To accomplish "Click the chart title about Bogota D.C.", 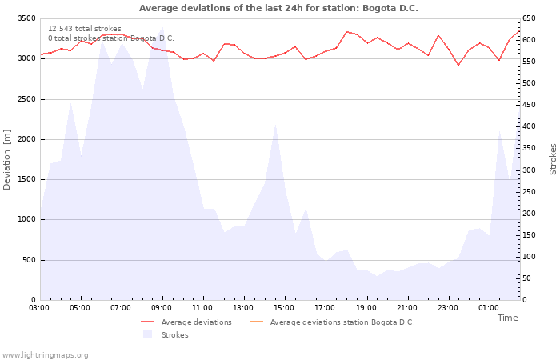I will (278, 8).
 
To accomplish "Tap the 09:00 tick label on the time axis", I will (162, 307).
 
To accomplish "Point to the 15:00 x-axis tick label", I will (284, 307).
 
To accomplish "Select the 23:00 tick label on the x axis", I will (447, 307).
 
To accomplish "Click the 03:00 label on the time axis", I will (39, 307).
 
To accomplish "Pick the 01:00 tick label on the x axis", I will (488, 307).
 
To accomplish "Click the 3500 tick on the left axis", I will (26, 18).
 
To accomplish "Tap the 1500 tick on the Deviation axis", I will (26, 180).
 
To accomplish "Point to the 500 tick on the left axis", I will (29, 260).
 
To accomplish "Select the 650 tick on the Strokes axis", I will (530, 18).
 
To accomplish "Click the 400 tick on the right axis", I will (530, 126).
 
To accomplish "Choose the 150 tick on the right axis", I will (530, 235).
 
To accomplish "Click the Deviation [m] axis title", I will (7, 158).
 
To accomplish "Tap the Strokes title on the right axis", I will (553, 158).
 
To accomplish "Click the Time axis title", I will (507, 318).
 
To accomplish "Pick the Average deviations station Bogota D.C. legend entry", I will (342, 322).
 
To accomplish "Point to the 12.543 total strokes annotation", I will (85, 29).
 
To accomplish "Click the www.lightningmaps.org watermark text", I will (45, 355).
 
